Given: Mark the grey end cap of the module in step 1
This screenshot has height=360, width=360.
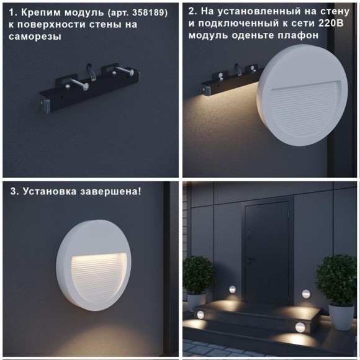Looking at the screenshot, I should click(x=45, y=106).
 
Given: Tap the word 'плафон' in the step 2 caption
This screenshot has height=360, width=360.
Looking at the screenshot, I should click(x=300, y=35).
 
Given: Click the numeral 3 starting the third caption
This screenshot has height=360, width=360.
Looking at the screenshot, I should click(x=13, y=191).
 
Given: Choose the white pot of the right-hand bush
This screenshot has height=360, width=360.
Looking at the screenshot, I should click(x=340, y=316).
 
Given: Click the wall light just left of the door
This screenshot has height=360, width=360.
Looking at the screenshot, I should click(x=232, y=289).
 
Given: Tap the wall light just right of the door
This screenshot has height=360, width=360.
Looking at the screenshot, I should click(x=305, y=293).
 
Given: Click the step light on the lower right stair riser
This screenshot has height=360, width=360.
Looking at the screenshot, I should click(x=299, y=328).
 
